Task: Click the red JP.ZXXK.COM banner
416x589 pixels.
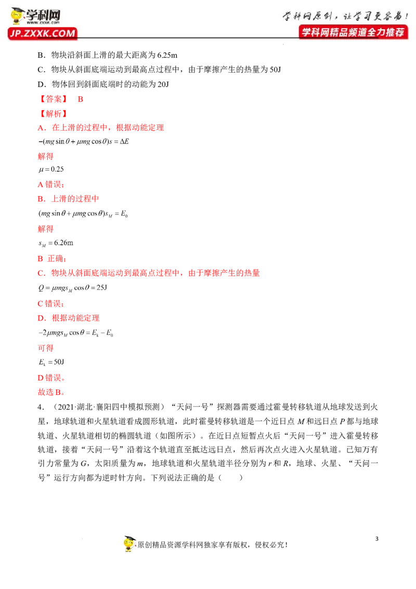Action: (43, 33)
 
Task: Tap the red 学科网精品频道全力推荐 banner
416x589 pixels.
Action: (353, 32)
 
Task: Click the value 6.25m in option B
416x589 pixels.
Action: (167, 55)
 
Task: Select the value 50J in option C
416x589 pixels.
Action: (275, 70)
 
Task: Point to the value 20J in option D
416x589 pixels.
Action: (163, 84)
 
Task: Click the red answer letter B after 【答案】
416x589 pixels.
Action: (81, 99)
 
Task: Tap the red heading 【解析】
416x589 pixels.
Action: (54, 113)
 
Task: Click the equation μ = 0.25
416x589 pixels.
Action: (51, 170)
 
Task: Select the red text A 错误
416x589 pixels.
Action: (51, 184)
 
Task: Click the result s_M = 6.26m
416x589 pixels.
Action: (56, 244)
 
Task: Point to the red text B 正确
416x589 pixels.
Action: (52, 259)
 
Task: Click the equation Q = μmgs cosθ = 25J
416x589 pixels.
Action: (73, 288)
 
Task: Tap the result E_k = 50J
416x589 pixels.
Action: (51, 362)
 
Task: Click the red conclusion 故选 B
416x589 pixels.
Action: (51, 392)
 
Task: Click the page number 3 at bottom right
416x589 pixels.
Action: (377, 539)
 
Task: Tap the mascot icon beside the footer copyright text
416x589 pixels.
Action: (129, 544)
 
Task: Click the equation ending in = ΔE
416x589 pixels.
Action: (84, 142)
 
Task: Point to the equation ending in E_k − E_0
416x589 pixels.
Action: (76, 333)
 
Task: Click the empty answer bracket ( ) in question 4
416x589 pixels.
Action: (230, 478)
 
